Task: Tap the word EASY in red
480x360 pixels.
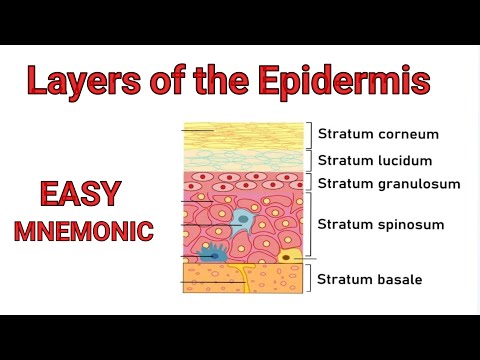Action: click(83, 192)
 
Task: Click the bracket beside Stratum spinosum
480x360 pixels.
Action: click(309, 224)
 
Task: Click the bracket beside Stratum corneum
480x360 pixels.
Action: click(309, 134)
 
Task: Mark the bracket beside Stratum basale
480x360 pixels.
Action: click(309, 279)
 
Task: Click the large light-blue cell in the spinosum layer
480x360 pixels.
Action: click(241, 222)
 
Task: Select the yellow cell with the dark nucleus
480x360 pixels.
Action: click(289, 257)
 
